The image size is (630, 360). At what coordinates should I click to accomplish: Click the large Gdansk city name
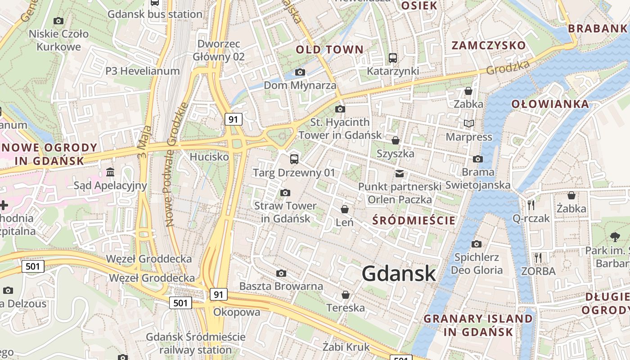point(399,274)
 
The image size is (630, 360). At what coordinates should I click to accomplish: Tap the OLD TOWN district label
point(329,49)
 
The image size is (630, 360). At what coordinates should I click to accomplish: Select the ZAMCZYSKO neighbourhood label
point(489,45)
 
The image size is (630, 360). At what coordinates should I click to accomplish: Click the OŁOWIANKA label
point(550,104)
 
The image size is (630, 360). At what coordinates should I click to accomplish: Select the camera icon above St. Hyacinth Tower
point(340,109)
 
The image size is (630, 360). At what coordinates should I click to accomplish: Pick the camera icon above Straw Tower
point(285,193)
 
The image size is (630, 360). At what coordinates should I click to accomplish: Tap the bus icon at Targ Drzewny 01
point(294,159)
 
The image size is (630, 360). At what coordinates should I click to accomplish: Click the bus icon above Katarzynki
point(393,58)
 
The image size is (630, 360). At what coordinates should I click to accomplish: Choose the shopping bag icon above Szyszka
point(396,140)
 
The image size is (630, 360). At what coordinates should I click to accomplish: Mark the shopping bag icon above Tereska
point(346,295)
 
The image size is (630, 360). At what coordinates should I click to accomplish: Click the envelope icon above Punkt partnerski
point(399,173)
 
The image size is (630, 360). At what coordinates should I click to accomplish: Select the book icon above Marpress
point(469,123)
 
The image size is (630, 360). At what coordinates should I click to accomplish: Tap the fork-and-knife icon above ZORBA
point(538,257)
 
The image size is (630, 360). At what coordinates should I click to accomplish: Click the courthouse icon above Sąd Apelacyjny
point(110,172)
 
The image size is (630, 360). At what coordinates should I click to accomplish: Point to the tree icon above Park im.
point(615,237)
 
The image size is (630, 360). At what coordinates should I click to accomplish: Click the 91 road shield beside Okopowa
point(218,295)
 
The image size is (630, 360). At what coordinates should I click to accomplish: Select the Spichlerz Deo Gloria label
point(477,264)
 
